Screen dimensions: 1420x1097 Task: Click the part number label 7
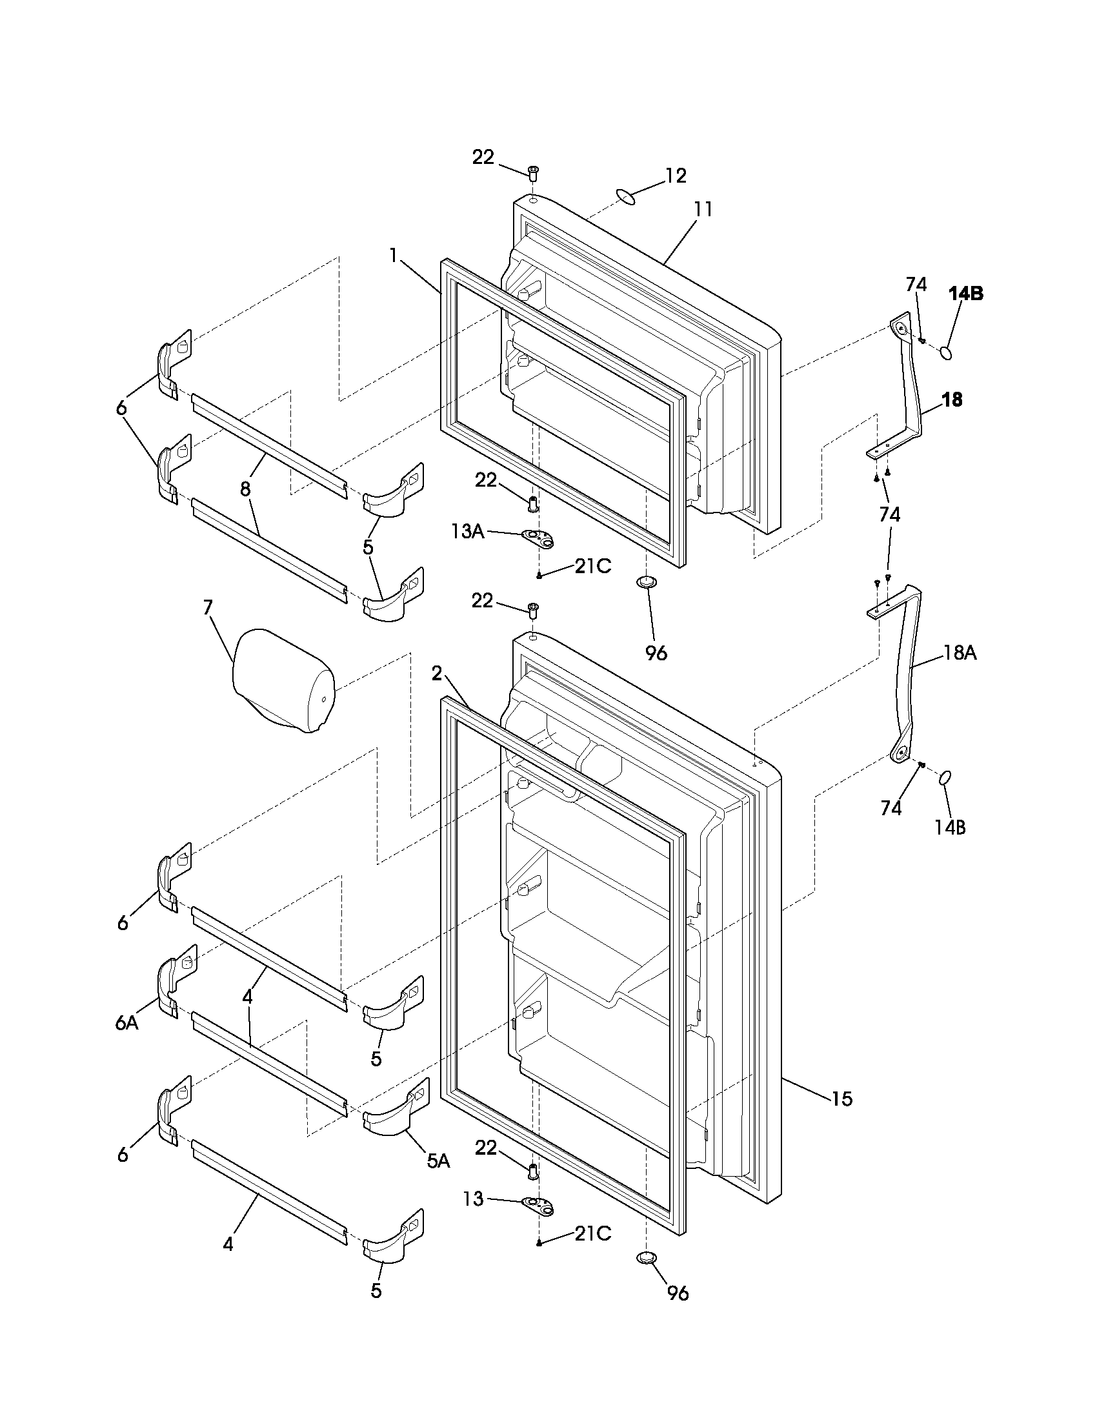(207, 607)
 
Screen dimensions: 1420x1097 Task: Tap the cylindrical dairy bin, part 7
(283, 680)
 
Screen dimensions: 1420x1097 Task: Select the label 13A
(468, 531)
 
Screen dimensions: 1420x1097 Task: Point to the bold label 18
(951, 400)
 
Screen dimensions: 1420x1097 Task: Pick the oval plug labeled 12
(625, 196)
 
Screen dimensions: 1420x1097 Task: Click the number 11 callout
(703, 209)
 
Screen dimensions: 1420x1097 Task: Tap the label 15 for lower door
(841, 1099)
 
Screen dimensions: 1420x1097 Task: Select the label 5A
(439, 1161)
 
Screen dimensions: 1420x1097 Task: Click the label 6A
(126, 1023)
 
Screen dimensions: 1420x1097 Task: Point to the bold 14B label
(965, 294)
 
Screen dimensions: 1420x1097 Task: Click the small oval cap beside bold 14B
(946, 353)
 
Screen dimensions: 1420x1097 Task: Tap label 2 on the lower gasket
(437, 674)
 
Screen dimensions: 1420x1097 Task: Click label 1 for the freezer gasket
(393, 256)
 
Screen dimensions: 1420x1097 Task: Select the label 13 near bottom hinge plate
(474, 1199)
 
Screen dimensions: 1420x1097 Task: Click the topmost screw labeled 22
(533, 173)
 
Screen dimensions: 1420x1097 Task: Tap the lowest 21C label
(592, 1233)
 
